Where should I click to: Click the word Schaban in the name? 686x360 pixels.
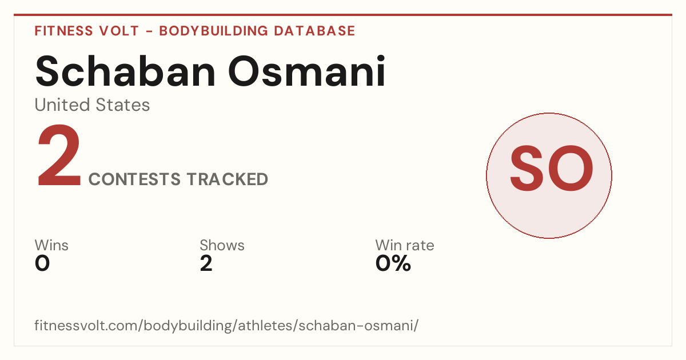click(x=125, y=71)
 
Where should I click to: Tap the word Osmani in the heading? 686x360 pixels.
click(x=307, y=71)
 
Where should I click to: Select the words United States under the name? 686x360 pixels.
click(x=92, y=105)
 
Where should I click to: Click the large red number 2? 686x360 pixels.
click(x=59, y=155)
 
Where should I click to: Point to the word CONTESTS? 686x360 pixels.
click(x=134, y=179)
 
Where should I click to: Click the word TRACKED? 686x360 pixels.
click(x=228, y=179)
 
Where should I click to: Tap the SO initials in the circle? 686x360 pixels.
click(x=551, y=169)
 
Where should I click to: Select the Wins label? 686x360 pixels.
click(x=51, y=245)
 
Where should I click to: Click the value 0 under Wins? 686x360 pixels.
click(x=42, y=263)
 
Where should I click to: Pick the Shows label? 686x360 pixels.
click(x=222, y=245)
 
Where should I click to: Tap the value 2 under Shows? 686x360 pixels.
click(x=206, y=263)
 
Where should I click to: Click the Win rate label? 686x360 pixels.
click(x=405, y=245)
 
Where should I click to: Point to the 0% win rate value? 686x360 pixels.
click(x=393, y=263)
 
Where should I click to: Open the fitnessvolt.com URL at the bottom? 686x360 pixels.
click(x=226, y=325)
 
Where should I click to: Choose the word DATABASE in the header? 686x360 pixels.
click(x=314, y=31)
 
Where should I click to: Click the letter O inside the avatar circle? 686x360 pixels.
click(x=571, y=169)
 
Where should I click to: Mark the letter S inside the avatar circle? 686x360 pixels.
click(x=527, y=169)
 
